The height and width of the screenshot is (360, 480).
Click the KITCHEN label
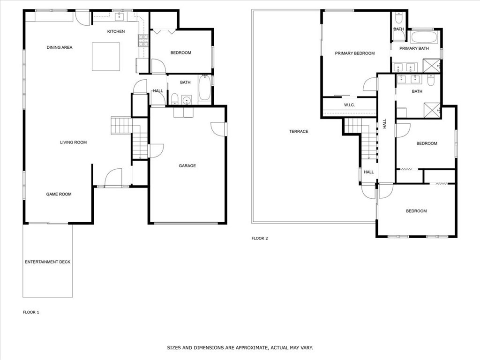click(x=116, y=31)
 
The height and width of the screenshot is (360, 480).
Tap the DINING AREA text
click(x=60, y=47)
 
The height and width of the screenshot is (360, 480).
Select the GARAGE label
click(x=187, y=165)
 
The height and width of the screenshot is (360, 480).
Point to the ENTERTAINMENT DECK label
click(x=48, y=262)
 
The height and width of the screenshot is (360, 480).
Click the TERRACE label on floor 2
click(x=299, y=131)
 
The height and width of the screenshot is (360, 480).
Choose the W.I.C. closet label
click(x=349, y=105)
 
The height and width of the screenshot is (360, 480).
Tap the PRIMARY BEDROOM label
click(x=355, y=53)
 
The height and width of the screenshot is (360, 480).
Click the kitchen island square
click(x=105, y=57)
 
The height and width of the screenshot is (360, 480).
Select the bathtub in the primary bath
click(x=424, y=37)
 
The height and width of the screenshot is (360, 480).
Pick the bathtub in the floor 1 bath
click(x=204, y=89)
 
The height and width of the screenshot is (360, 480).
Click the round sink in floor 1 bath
click(x=187, y=100)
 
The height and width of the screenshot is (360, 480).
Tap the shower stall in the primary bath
click(x=431, y=66)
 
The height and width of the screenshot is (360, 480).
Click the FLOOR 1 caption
click(x=31, y=312)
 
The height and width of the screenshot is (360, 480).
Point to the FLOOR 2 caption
click(x=260, y=238)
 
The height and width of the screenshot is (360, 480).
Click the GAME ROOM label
click(x=59, y=194)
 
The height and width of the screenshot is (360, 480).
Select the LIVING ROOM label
click(x=73, y=142)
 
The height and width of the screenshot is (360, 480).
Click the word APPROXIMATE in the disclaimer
click(x=251, y=348)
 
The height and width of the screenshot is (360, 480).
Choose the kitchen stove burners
click(x=143, y=41)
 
